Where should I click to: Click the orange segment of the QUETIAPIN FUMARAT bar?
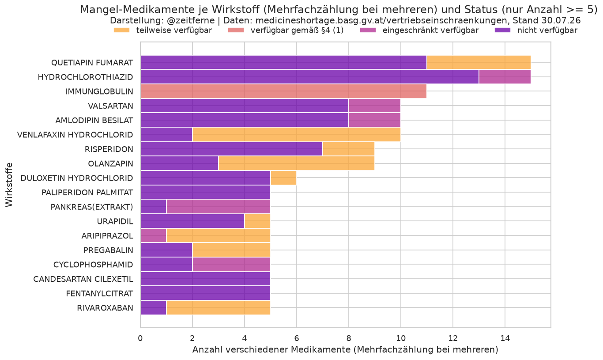479,62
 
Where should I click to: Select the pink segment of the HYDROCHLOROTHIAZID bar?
505,77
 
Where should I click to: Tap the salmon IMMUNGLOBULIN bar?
283,91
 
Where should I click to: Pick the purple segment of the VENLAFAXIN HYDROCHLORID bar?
166,134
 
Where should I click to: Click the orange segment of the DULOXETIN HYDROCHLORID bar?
283,178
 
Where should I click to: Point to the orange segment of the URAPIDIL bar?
257,221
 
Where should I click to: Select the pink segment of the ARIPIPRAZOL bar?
154,235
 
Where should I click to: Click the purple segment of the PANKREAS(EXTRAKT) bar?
154,207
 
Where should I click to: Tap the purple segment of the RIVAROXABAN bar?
154,308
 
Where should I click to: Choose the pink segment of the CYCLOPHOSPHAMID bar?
231,264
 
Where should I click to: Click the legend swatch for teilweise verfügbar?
122,30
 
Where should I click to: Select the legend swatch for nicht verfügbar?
503,30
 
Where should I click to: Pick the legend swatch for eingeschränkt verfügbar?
368,30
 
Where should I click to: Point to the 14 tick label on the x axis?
505,338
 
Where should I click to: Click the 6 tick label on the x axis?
296,338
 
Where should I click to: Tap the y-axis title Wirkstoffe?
9,185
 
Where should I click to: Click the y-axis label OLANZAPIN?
111,163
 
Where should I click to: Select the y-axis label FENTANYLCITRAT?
100,293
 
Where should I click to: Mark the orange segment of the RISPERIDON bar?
349,149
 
